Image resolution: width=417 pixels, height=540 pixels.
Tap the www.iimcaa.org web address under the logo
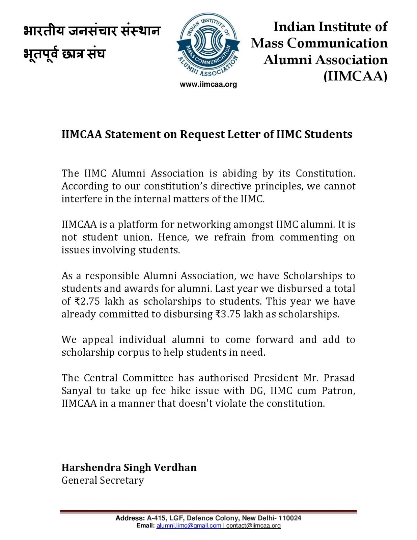[x=208, y=84]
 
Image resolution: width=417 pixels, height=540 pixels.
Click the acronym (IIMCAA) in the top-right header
[x=355, y=76]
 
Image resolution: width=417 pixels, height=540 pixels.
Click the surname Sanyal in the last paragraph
[x=76, y=391]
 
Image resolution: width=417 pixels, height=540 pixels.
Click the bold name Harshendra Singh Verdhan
[x=129, y=467]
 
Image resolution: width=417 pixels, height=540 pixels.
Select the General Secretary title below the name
[x=103, y=480]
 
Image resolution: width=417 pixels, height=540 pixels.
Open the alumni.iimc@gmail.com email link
[x=189, y=525]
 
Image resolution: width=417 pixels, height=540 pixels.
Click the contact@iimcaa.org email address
[x=253, y=525]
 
